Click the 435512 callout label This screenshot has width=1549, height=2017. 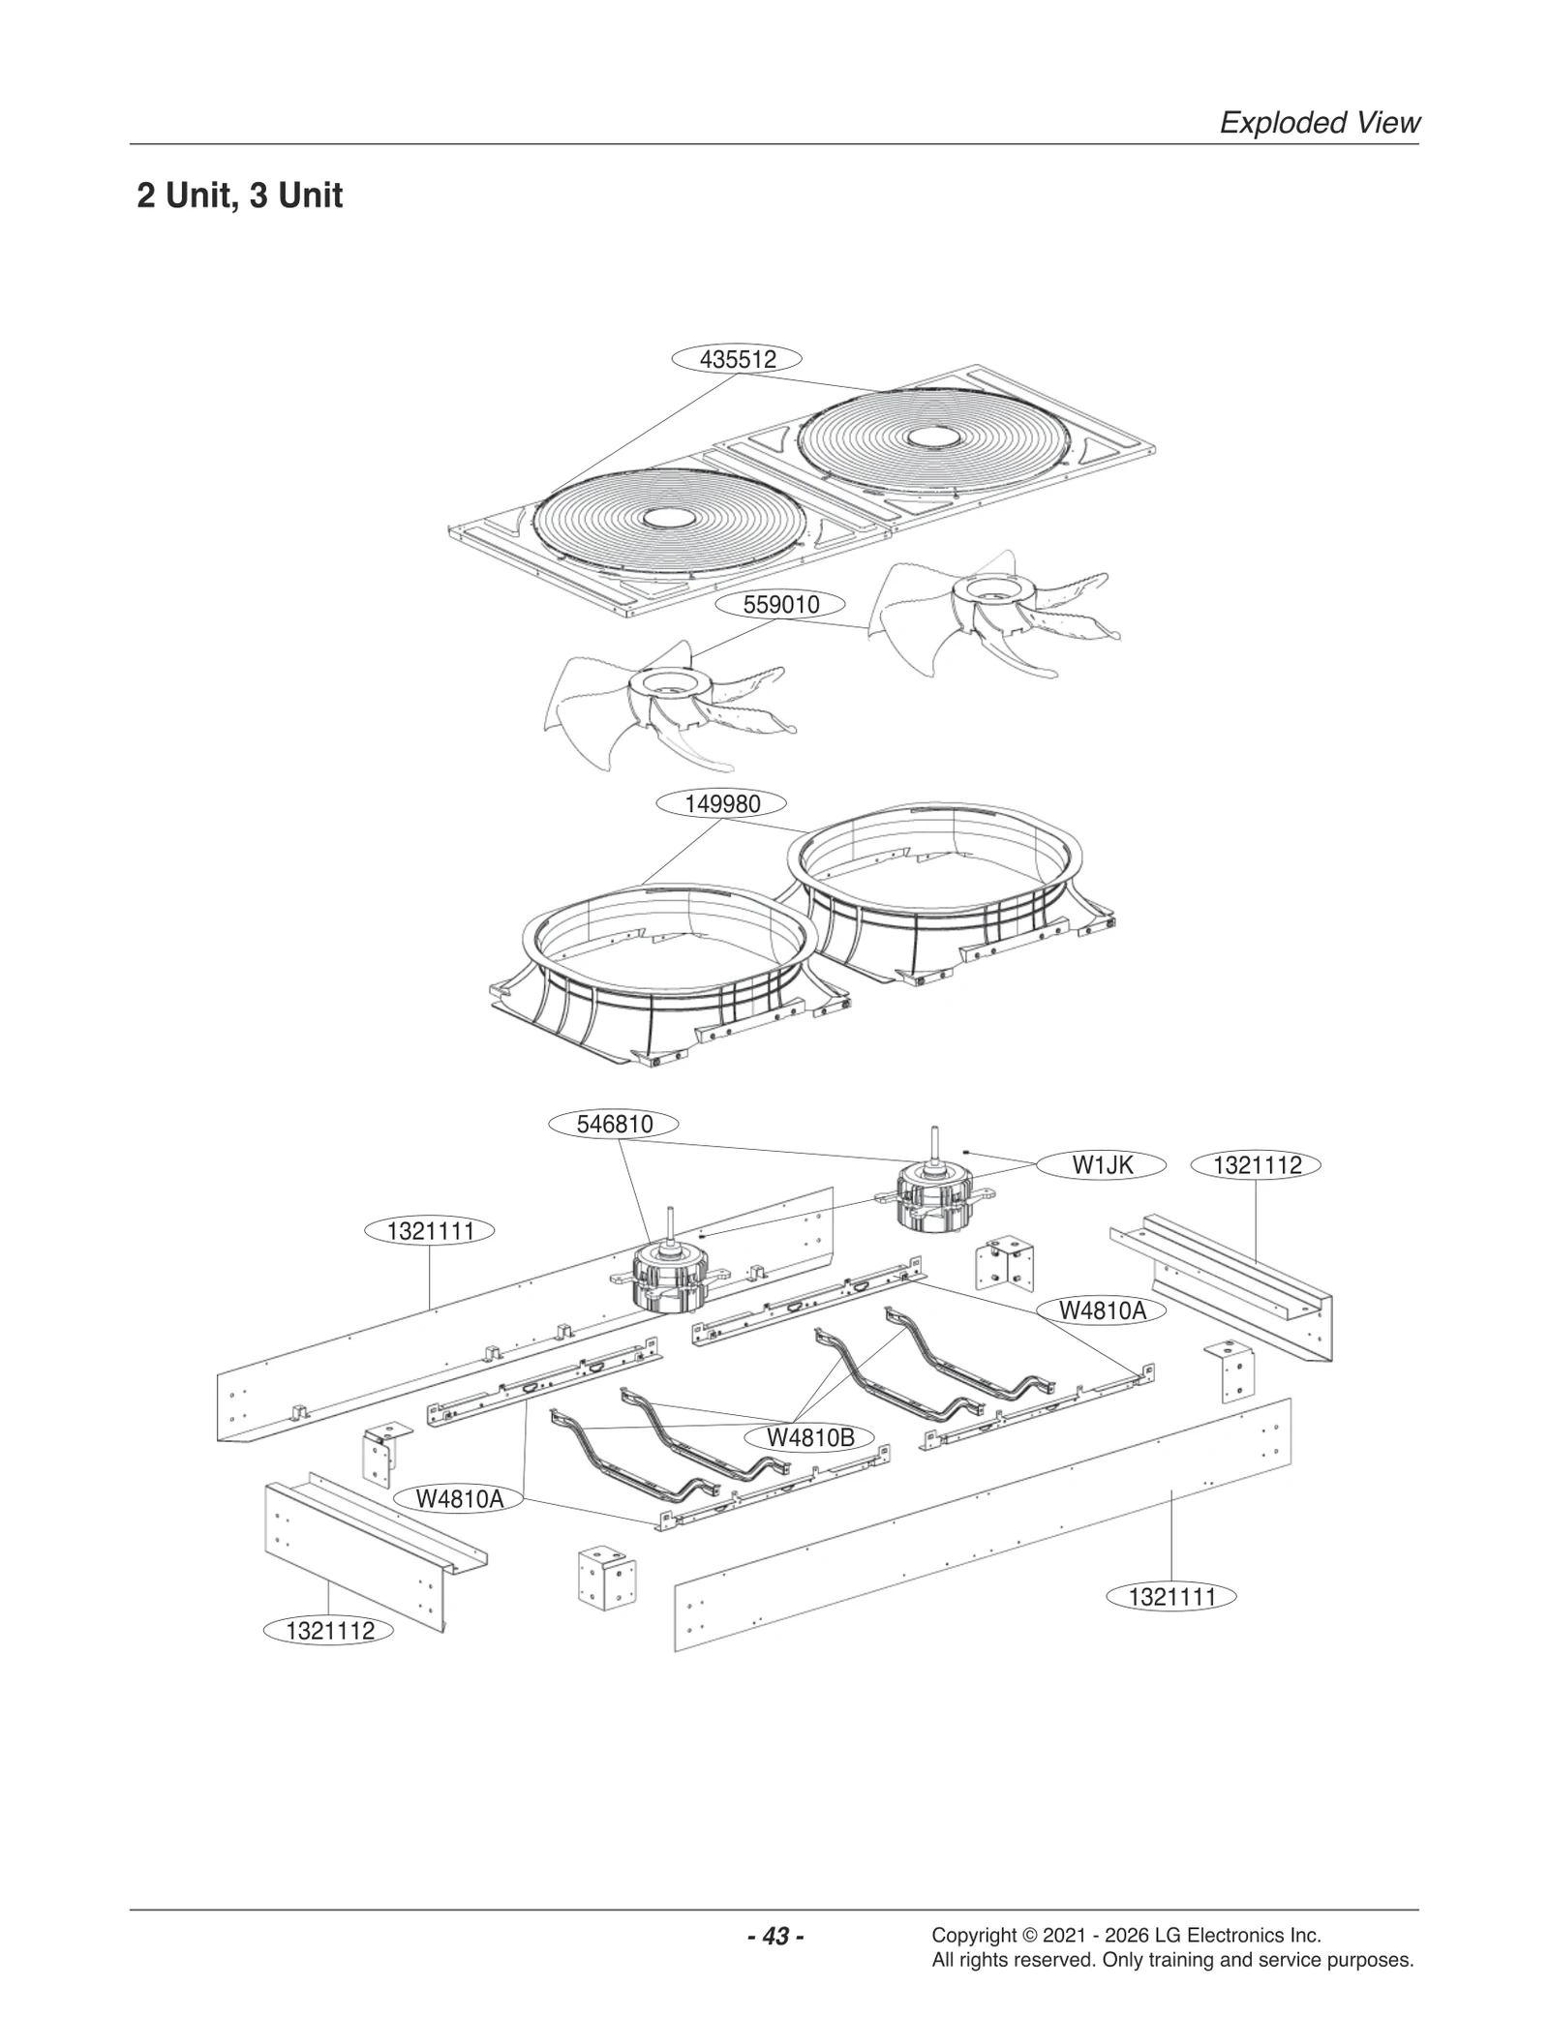738,359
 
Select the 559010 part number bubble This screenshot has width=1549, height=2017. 780,605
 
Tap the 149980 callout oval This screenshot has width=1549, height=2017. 722,803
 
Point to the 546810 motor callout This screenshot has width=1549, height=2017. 615,1124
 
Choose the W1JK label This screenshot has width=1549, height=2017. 1102,1165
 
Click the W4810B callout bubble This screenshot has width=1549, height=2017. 810,1437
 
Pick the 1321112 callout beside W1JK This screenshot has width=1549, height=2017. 1257,1165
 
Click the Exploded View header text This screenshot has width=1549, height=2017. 1319,123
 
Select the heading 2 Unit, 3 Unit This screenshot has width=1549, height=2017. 240,196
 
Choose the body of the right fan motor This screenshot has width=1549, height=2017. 928,1200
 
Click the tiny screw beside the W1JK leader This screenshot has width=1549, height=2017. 967,1151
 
